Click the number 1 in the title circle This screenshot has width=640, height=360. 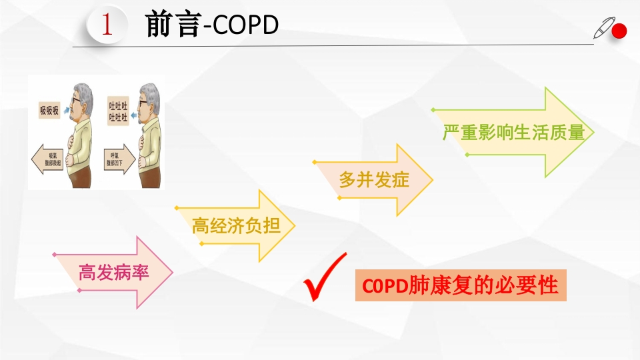coord(106,25)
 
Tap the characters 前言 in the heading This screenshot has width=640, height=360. coord(173,25)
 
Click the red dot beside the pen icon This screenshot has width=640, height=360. coord(621,31)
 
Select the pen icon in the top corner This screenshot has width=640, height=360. coord(603,28)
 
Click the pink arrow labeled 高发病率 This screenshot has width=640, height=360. coord(114,272)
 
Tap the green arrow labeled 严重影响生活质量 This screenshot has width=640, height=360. coord(513,132)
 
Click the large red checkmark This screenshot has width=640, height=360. coord(325,278)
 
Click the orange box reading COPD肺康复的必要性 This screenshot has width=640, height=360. coord(461,285)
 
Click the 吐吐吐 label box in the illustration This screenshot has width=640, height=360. coord(118,111)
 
